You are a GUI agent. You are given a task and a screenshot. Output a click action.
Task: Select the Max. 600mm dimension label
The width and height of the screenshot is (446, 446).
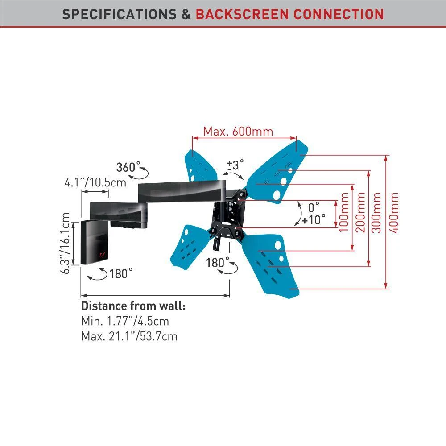(x=238, y=132)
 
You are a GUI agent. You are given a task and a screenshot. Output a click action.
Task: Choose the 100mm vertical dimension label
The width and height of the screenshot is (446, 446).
(x=344, y=212)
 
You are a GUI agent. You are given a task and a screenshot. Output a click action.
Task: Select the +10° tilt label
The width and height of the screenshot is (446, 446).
(x=314, y=219)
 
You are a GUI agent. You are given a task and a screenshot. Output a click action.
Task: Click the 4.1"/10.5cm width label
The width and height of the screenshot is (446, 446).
(x=95, y=182)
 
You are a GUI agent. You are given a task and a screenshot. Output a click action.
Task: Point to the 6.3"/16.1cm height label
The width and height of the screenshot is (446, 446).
(x=66, y=243)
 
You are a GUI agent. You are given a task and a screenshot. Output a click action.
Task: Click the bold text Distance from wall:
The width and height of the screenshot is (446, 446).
(x=133, y=306)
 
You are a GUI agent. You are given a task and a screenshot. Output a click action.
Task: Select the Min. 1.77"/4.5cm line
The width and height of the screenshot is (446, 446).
(x=125, y=321)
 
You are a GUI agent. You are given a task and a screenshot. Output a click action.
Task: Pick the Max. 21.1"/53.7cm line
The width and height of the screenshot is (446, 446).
(x=129, y=336)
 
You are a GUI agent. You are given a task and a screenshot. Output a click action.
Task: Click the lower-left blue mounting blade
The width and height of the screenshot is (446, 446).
(x=187, y=245)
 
